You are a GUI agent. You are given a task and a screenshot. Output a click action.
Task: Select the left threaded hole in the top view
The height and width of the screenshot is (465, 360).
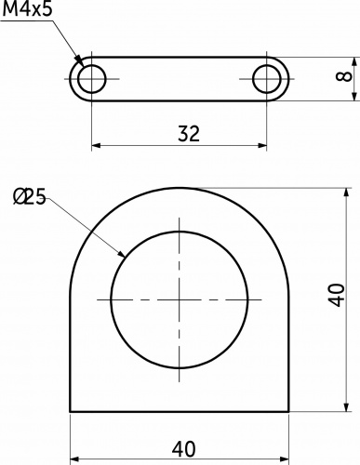click(x=91, y=78)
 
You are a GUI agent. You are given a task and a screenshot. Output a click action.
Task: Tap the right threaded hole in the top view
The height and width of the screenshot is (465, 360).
click(x=268, y=78)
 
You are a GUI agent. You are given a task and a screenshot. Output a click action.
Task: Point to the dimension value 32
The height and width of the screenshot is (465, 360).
click(x=188, y=133)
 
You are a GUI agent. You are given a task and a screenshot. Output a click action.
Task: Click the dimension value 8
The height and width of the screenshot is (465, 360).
click(x=345, y=78)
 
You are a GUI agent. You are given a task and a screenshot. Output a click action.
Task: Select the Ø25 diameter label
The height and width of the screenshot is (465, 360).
click(x=31, y=196)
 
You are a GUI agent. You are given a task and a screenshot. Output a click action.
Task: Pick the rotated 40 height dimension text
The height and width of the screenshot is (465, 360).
click(x=339, y=299)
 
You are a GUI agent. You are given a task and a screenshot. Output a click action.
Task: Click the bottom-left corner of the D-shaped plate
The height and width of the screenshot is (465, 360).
click(x=70, y=412)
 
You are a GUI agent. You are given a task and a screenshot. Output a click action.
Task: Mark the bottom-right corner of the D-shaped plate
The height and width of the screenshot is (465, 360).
click(x=289, y=412)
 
